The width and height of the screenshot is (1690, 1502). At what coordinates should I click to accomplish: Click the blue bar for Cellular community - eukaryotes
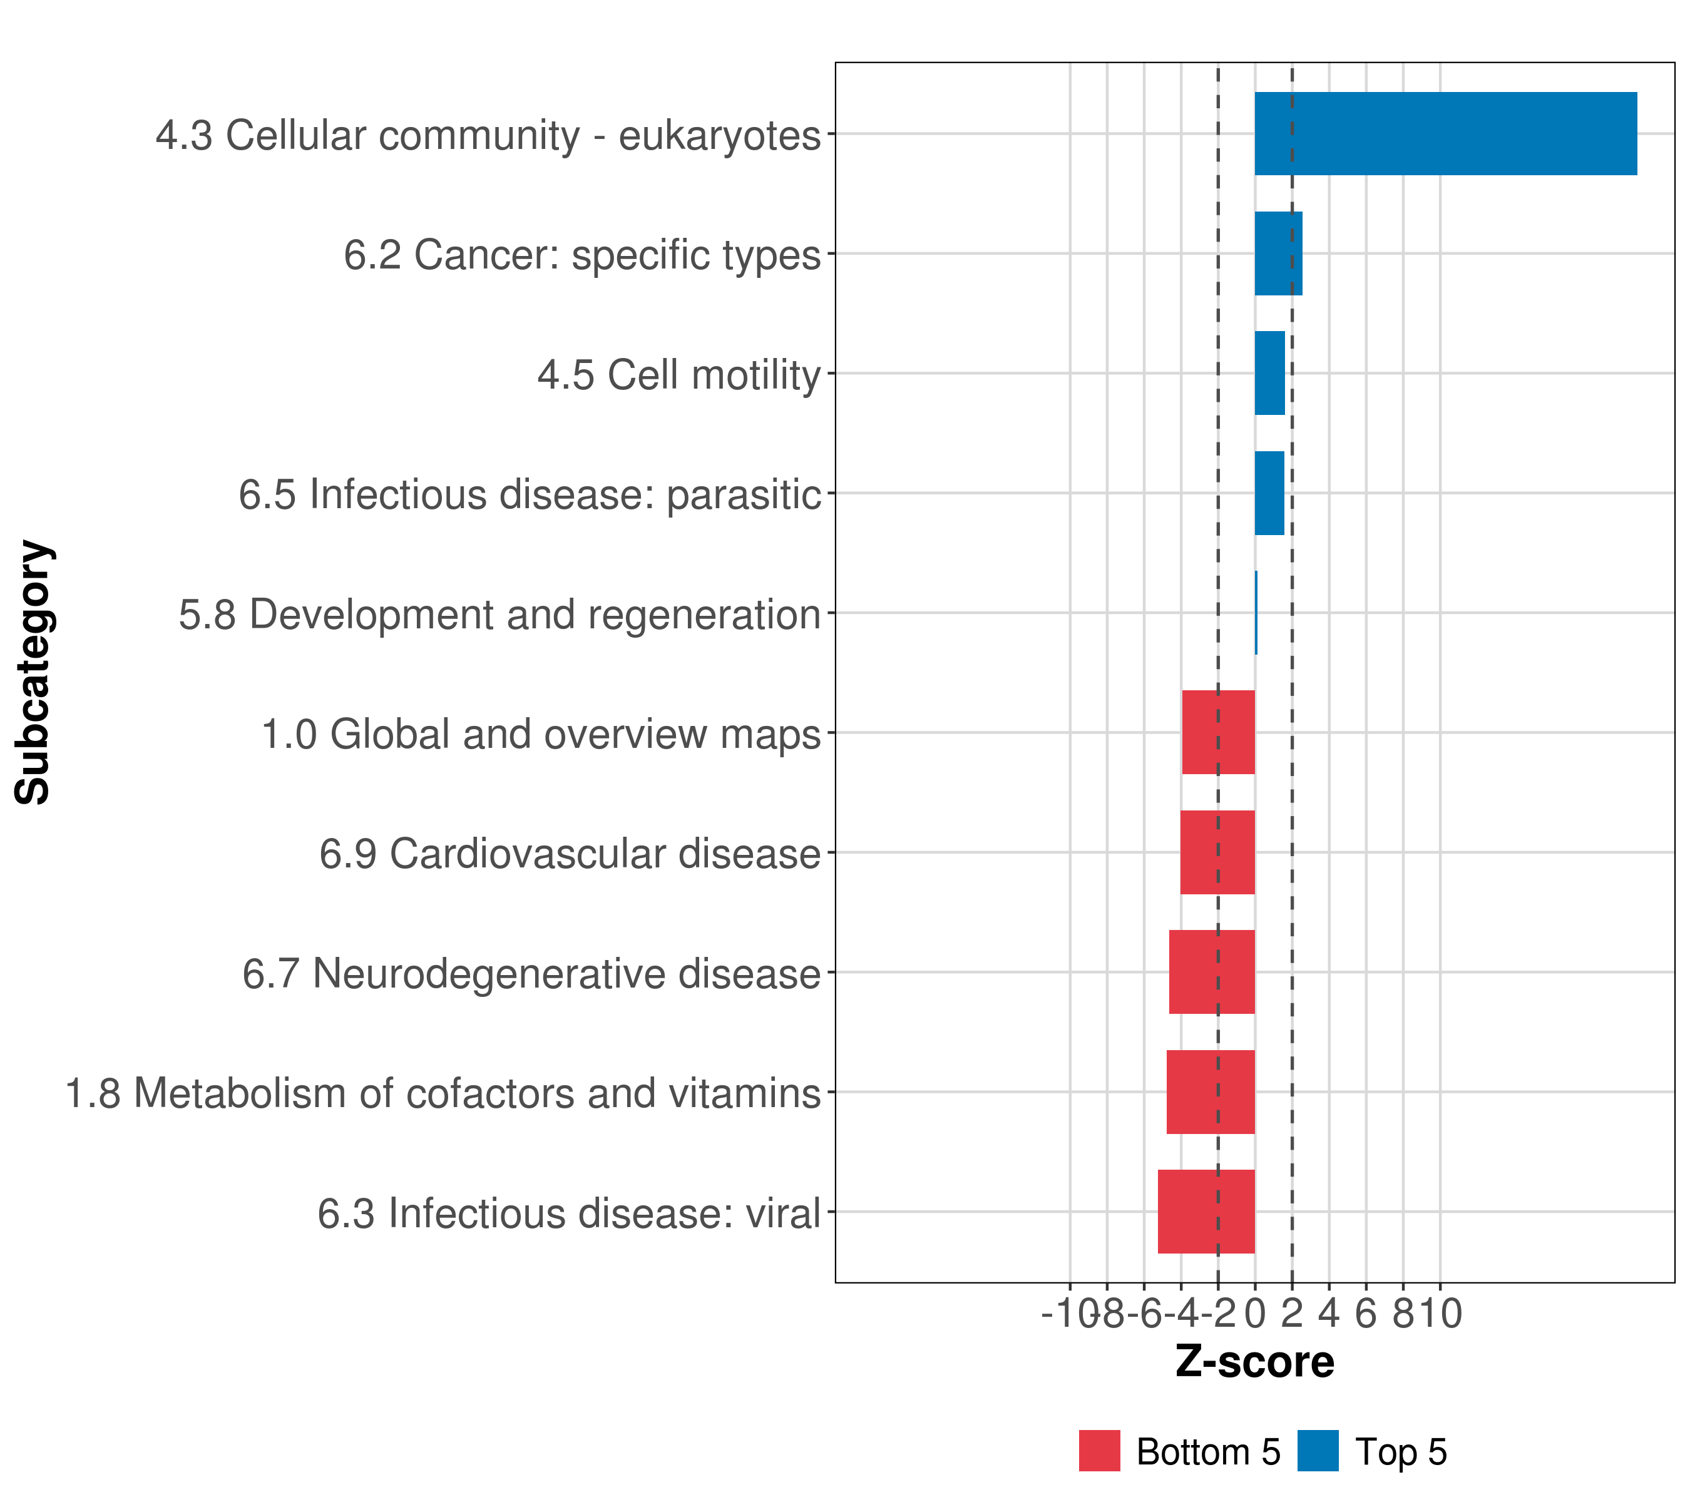(x=1445, y=134)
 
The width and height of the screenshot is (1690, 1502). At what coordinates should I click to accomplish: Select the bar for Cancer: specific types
(x=1278, y=254)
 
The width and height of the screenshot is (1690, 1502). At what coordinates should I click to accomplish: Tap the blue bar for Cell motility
(x=1270, y=374)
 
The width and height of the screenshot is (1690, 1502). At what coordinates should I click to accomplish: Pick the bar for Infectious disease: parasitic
(x=1269, y=494)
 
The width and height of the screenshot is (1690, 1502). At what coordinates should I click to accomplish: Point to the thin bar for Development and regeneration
(x=1256, y=613)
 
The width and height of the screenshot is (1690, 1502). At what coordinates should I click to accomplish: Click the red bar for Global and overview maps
(x=1218, y=732)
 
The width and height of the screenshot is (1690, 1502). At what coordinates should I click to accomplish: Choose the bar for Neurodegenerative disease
(x=1211, y=972)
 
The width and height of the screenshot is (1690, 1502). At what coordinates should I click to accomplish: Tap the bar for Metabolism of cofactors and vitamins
(x=1211, y=1092)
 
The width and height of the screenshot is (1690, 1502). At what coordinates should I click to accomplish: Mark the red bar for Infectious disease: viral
(x=1206, y=1212)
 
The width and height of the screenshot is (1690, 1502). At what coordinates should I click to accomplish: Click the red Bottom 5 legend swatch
(x=1099, y=1451)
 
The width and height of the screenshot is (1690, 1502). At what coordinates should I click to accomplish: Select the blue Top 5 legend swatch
(x=1318, y=1451)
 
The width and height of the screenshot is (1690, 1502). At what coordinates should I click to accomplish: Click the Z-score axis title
(x=1254, y=1362)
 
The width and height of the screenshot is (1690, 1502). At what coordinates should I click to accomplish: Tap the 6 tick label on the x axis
(x=1366, y=1314)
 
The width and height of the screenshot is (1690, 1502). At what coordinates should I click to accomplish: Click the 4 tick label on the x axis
(x=1329, y=1314)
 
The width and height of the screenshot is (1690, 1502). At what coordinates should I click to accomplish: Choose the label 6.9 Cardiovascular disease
(x=570, y=854)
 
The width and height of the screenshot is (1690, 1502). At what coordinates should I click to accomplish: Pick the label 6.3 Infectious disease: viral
(x=569, y=1214)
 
